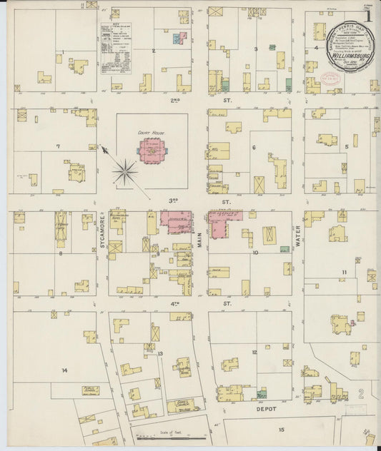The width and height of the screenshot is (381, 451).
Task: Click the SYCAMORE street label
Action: pos(104,233)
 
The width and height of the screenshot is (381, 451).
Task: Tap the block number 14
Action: pos(64,370)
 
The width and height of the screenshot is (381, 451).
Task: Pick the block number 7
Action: pos(58,146)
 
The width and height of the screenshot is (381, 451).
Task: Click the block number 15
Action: pos(281,428)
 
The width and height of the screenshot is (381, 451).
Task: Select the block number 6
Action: pos(253,147)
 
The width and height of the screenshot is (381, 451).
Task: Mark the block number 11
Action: pos(343,273)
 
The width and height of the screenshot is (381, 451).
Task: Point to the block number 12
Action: pos(253,353)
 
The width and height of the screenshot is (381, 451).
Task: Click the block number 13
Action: pos(161,354)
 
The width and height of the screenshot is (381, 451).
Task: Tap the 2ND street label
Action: pos(173,101)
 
